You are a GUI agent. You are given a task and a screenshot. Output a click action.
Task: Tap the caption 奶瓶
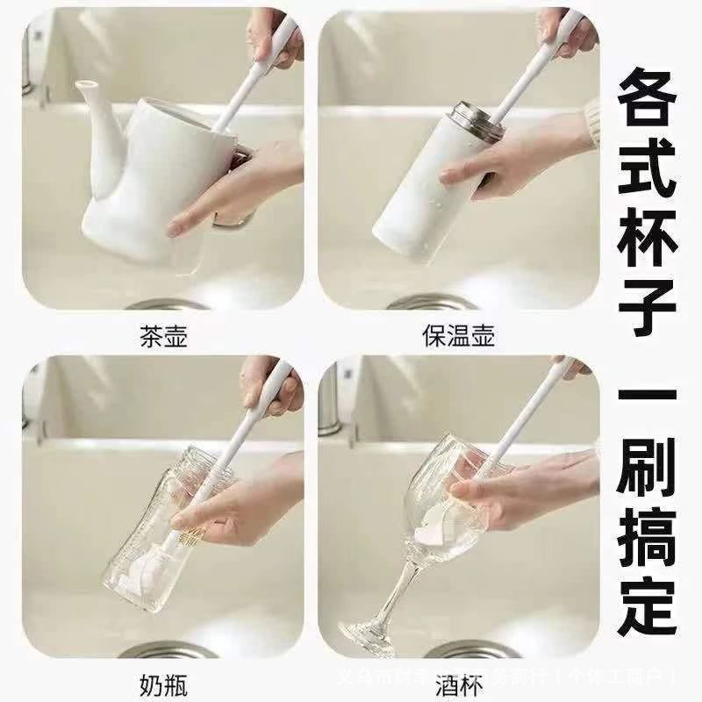[163, 684]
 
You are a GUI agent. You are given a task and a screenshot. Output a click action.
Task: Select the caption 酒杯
[456, 684]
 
